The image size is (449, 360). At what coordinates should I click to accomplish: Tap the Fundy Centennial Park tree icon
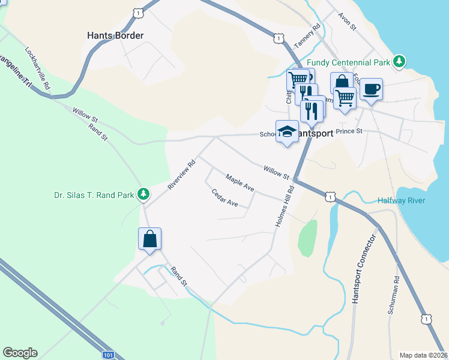(x=399, y=61)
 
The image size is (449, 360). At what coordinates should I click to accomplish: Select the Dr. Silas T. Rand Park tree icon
(x=143, y=194)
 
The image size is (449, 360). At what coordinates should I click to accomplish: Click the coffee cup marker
(x=371, y=89)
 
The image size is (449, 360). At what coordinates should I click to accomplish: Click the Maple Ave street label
(x=240, y=184)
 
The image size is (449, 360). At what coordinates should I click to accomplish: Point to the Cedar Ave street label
(x=225, y=199)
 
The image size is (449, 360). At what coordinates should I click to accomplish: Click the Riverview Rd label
(x=182, y=175)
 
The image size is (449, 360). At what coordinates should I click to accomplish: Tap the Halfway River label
(x=402, y=200)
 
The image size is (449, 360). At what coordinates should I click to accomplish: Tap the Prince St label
(x=349, y=131)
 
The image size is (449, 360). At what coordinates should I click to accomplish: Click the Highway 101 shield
(x=107, y=355)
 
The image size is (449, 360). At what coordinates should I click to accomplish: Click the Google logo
(x=20, y=353)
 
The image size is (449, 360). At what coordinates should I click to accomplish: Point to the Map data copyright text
(x=423, y=355)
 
